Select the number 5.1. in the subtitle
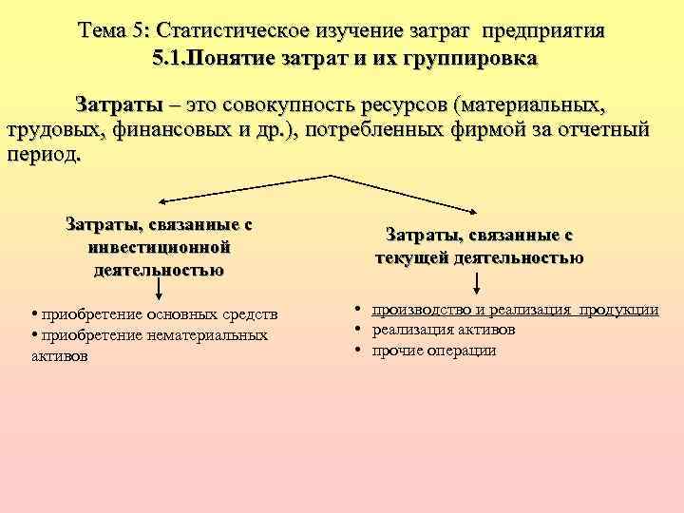click(x=170, y=58)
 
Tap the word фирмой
click(x=447, y=130)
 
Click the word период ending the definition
click(x=42, y=155)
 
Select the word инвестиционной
click(x=159, y=247)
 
